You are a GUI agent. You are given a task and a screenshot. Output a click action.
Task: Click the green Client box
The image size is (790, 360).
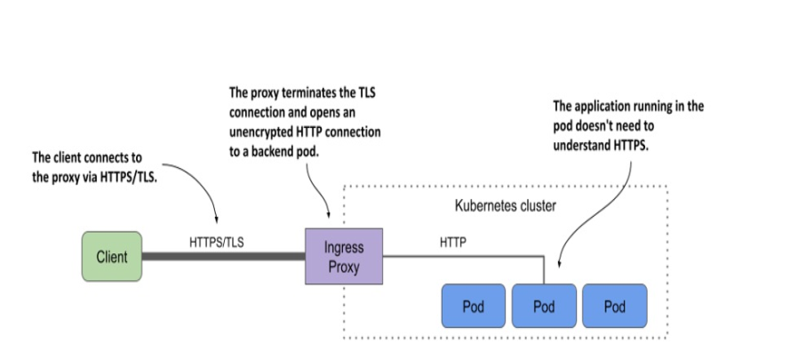point(112,256)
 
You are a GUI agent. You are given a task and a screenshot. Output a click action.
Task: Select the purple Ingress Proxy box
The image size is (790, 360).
point(344,256)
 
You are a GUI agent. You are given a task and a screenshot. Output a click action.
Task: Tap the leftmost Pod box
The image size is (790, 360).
point(473,306)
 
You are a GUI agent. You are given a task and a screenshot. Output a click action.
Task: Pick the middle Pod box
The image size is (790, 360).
point(544,306)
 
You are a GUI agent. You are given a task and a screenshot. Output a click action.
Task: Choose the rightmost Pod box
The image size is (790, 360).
point(615,306)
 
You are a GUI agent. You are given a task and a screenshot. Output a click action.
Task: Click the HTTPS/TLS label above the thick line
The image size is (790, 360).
point(217,243)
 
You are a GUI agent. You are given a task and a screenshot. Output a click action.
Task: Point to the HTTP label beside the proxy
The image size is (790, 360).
point(453,243)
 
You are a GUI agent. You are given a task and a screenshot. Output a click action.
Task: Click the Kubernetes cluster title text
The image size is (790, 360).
point(506,205)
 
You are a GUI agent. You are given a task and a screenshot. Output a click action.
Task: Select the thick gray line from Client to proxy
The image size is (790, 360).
point(224,256)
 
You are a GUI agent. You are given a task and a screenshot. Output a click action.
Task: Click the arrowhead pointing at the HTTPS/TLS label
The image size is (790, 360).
point(217,219)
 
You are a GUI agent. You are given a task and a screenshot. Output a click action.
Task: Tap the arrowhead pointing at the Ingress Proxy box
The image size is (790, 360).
point(329,214)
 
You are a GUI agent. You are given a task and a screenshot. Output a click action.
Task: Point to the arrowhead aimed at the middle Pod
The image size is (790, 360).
point(560,263)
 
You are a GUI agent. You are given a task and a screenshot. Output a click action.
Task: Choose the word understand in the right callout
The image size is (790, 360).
point(581,145)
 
